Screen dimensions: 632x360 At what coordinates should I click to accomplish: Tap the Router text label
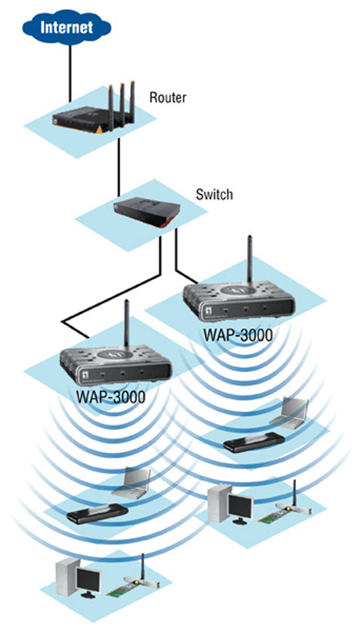tap(167, 97)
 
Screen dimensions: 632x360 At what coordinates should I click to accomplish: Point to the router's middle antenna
tap(122, 98)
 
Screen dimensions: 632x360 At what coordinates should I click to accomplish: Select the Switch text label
tap(214, 195)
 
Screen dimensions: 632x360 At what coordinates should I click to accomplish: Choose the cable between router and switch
tap(119, 165)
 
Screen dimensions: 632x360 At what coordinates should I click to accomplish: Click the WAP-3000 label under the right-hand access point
tap(238, 335)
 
